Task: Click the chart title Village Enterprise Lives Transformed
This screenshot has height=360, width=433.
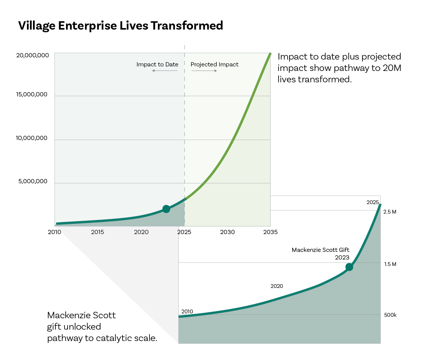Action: (120, 26)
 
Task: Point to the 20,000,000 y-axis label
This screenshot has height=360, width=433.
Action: (32, 55)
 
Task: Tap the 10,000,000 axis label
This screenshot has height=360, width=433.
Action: (31, 138)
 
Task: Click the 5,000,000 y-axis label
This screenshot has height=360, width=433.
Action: (33, 181)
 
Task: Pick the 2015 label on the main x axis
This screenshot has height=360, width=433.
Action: (98, 232)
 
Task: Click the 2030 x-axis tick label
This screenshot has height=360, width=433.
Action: (227, 232)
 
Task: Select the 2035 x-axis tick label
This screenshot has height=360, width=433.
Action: (271, 232)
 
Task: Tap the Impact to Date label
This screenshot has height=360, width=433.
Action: (157, 64)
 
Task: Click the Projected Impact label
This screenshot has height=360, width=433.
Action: (214, 64)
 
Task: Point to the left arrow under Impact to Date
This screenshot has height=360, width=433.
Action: (165, 71)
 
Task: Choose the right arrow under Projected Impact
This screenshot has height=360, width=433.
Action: (204, 71)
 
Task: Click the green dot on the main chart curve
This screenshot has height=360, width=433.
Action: (166, 209)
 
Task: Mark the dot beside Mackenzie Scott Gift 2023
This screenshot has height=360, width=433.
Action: (349, 267)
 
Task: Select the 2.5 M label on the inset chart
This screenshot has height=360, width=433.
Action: (390, 212)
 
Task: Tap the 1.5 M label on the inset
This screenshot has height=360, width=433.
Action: (390, 264)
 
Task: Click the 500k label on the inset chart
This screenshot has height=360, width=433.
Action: (390, 315)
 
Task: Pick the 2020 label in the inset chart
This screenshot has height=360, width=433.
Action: (277, 286)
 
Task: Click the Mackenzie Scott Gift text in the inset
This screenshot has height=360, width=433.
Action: (320, 250)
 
